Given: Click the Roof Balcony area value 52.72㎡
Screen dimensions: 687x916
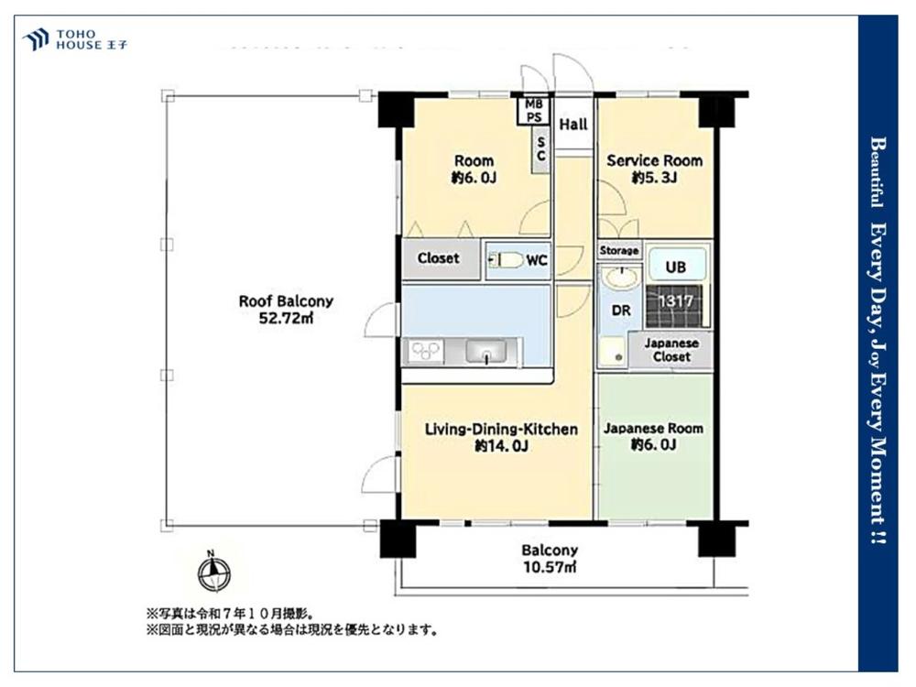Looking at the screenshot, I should click(x=286, y=318).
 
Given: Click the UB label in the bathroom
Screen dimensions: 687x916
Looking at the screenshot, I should click(x=674, y=267).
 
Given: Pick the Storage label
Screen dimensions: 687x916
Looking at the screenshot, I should click(x=619, y=250).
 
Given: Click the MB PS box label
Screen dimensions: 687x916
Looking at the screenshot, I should click(x=534, y=111).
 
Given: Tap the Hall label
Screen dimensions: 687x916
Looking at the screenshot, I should click(x=573, y=125).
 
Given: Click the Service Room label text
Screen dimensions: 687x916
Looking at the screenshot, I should click(x=655, y=160).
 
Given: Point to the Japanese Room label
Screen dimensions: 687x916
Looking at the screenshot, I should click(x=653, y=429).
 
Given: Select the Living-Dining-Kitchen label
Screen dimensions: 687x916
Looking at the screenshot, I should click(x=500, y=429).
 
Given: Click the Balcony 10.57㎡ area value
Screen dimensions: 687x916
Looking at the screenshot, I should click(x=550, y=568).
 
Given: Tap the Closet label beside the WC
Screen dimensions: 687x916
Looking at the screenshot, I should click(x=438, y=258).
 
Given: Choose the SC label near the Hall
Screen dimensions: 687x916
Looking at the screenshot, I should click(x=540, y=148).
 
